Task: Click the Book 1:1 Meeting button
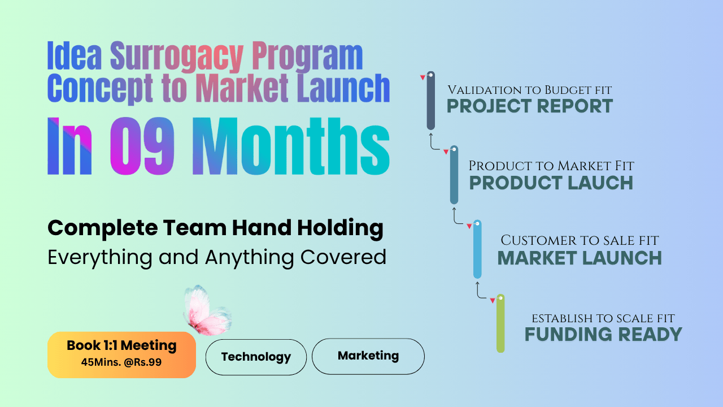pyautogui.click(x=121, y=354)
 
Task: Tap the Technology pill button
pyautogui.click(x=256, y=357)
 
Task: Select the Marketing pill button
pyautogui.click(x=368, y=356)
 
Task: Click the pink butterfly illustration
pyautogui.click(x=207, y=310)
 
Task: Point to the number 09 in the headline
pyautogui.click(x=142, y=146)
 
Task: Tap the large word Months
pyautogui.click(x=291, y=146)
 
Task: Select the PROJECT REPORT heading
pyautogui.click(x=530, y=106)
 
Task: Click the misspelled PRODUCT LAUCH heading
pyautogui.click(x=551, y=183)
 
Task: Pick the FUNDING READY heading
pyautogui.click(x=603, y=334)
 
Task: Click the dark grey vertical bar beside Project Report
pyautogui.click(x=430, y=101)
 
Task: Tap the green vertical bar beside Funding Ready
pyautogui.click(x=500, y=323)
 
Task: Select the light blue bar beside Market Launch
pyautogui.click(x=477, y=249)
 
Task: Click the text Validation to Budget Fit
pyautogui.click(x=530, y=90)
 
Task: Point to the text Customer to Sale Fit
pyautogui.click(x=580, y=240)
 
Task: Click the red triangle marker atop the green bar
pyautogui.click(x=492, y=301)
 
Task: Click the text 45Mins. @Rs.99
pyautogui.click(x=121, y=362)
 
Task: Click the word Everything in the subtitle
pyautogui.click(x=100, y=258)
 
